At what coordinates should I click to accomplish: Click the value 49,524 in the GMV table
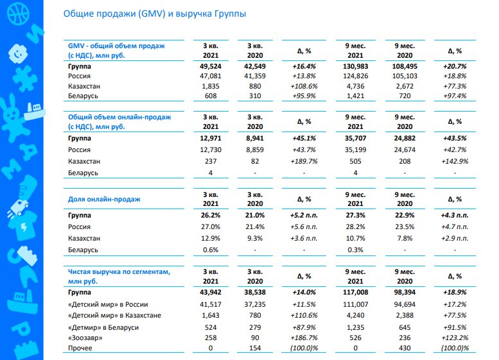point(211,67)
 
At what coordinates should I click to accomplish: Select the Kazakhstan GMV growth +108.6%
point(304,86)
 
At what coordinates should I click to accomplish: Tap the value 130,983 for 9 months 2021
point(356,67)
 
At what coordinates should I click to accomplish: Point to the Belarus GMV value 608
point(211,96)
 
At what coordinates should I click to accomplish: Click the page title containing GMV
point(155,14)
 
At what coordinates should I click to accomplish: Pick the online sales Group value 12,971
point(211,139)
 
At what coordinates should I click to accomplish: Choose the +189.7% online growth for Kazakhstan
point(304,161)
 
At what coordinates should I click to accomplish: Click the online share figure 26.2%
point(211,216)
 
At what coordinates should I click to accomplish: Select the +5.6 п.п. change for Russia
point(304,227)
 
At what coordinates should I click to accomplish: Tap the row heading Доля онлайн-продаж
point(104,200)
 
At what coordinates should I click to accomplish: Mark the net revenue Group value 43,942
point(211,292)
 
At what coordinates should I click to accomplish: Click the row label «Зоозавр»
point(85,338)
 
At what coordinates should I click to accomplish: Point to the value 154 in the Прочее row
point(255,348)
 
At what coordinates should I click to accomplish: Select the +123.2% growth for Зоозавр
point(455,338)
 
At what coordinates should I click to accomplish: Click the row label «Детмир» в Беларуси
point(103,327)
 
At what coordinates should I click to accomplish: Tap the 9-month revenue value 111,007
point(356,304)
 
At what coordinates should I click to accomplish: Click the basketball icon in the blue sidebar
point(18,13)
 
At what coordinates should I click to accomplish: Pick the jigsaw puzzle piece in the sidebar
point(26,78)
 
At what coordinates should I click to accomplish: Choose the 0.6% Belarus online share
point(211,250)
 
